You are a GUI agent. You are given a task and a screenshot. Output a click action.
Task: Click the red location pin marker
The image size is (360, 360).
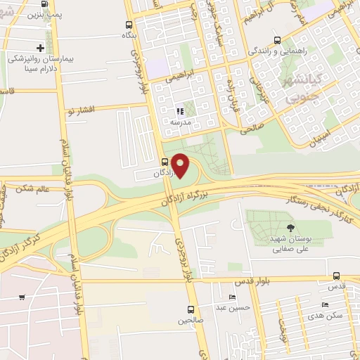click(x=181, y=165)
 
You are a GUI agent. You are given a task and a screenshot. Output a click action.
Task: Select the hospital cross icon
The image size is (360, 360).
click(x=41, y=49)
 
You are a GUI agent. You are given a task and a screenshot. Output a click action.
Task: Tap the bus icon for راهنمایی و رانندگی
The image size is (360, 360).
click(x=278, y=40)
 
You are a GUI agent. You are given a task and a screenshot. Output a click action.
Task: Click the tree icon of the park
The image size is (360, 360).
click(x=290, y=226)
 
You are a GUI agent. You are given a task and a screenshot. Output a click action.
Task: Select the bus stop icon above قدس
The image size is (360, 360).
click(x=336, y=276)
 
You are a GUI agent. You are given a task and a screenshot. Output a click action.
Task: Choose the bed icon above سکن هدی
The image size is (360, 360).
click(x=324, y=304)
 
